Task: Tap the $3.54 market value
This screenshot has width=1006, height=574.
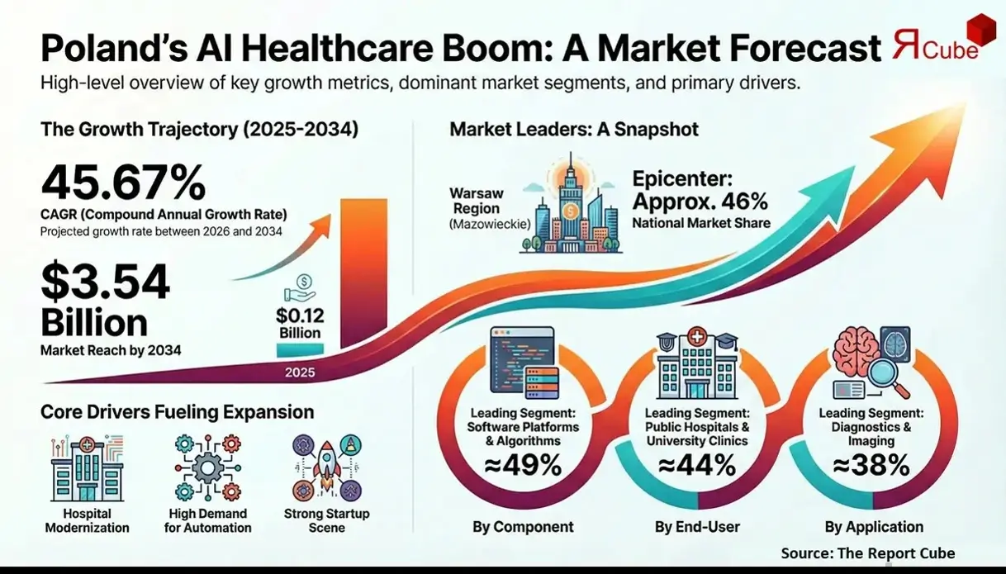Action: pos(105,283)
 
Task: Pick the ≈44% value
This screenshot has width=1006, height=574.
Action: pos(697,466)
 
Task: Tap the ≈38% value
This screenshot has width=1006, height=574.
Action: pos(871,466)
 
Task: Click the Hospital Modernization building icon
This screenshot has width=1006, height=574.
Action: pos(87,468)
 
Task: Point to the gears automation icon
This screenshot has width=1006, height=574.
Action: pos(207,468)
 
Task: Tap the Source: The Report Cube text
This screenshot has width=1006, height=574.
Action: pos(867,553)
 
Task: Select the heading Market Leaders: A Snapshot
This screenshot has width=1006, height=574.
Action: pos(574,130)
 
